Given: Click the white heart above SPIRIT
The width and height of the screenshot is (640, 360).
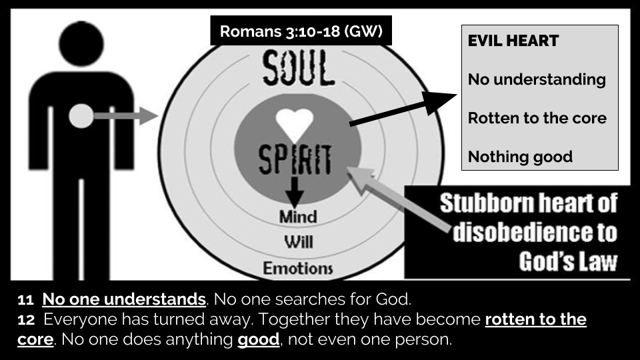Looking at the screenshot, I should click(x=295, y=124).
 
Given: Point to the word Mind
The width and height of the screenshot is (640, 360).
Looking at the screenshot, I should click(x=298, y=217).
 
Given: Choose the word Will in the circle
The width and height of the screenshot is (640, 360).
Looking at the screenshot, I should click(x=298, y=243).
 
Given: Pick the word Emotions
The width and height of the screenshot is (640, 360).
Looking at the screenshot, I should click(x=298, y=269).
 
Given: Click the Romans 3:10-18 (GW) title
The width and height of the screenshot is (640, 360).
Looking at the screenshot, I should click(x=301, y=31).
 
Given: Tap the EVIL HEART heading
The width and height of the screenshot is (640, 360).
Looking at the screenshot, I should click(x=513, y=41).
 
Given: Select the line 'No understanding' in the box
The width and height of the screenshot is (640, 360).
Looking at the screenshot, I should click(x=537, y=80).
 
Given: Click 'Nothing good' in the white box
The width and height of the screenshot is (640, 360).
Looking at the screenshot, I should click(x=520, y=157).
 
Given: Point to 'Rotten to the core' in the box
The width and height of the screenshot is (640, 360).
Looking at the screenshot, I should click(x=537, y=119).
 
